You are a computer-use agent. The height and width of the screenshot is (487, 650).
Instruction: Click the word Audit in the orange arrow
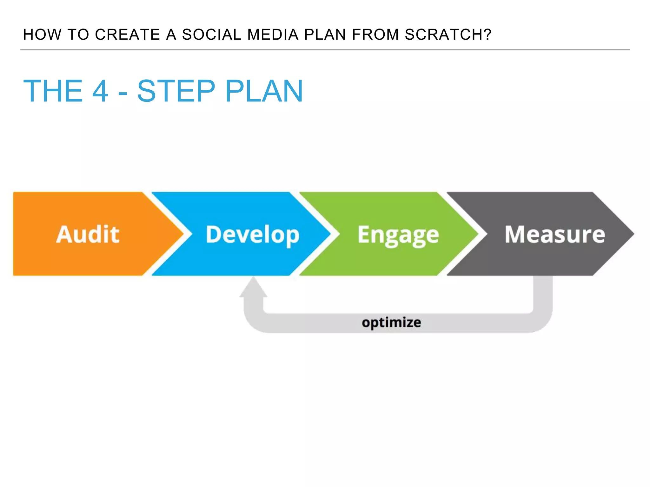(x=88, y=234)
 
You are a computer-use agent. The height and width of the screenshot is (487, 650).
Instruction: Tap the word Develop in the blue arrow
(x=252, y=235)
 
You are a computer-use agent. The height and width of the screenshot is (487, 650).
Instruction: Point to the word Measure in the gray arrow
(x=554, y=234)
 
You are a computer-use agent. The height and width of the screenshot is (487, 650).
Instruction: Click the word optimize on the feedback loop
(x=391, y=323)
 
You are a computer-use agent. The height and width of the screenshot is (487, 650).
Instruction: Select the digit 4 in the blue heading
(x=100, y=91)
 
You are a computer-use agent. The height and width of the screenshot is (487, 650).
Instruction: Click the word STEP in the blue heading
(x=176, y=91)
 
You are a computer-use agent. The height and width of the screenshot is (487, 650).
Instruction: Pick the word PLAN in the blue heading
(x=264, y=91)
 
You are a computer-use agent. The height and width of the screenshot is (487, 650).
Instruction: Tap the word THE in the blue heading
(x=53, y=91)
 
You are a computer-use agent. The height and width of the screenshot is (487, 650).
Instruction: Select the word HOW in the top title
(x=42, y=35)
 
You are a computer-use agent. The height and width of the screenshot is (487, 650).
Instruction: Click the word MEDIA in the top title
(x=273, y=35)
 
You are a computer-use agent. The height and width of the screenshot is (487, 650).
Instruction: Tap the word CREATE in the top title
(x=127, y=35)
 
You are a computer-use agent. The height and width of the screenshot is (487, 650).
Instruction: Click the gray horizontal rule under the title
(x=325, y=50)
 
